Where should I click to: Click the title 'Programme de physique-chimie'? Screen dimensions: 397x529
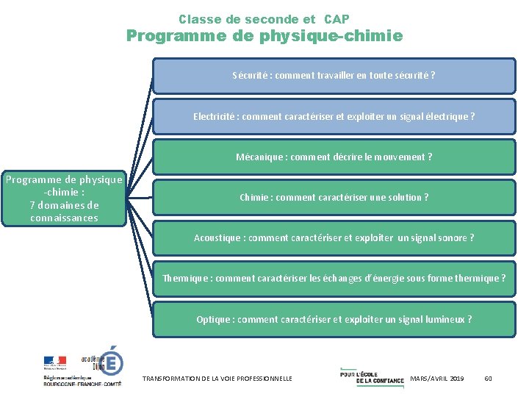(264, 35)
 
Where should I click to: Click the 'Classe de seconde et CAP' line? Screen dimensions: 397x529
(264, 19)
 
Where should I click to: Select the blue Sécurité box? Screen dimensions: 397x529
(334, 76)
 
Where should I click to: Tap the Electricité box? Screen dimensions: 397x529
(334, 116)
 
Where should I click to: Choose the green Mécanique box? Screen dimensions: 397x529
(334, 157)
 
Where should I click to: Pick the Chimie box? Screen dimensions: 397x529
(334, 197)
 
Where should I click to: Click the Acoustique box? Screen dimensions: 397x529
(334, 237)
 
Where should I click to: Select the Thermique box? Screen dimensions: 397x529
(334, 278)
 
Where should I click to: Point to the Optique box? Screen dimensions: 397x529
(334, 319)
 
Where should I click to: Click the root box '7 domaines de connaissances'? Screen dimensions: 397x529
(64, 198)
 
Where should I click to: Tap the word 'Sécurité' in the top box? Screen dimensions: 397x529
(250, 76)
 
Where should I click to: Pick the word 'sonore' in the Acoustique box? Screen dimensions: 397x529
(452, 237)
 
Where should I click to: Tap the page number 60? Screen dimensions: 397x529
(489, 378)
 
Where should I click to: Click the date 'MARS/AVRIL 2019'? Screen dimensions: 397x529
(437, 378)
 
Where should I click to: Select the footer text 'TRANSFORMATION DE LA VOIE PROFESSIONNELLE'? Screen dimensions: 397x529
(217, 378)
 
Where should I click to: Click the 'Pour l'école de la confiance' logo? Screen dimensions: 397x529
(372, 375)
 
